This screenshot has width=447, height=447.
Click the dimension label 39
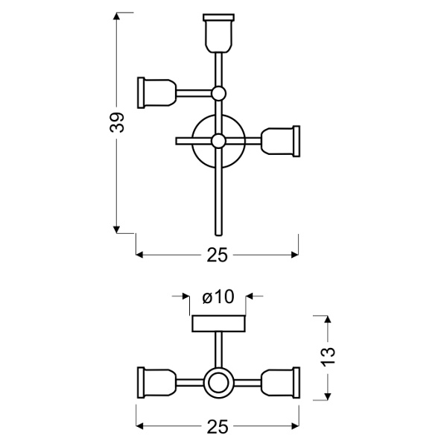[x=117, y=122]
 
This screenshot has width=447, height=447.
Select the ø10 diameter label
[x=218, y=297]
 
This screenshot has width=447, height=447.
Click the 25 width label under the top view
[x=217, y=255]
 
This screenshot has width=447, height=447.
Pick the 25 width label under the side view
[x=217, y=427]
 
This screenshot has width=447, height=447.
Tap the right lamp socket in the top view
[x=282, y=140]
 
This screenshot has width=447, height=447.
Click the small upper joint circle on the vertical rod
[x=218, y=93]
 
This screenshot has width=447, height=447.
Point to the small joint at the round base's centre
[x=218, y=141]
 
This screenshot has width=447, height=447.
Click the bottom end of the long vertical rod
[x=218, y=230]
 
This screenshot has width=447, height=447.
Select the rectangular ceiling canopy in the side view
[x=218, y=324]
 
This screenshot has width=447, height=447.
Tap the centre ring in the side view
[x=218, y=383]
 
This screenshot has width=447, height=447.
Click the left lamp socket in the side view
[x=156, y=383]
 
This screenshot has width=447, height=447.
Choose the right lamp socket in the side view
[x=282, y=383]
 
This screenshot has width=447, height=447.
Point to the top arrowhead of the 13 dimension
[x=329, y=320]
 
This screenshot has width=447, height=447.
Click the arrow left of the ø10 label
[x=186, y=297]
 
